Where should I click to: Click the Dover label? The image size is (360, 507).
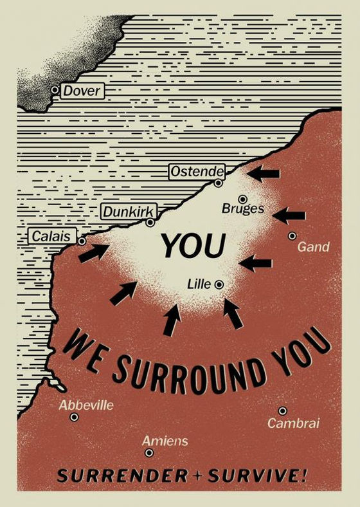[x=82, y=91]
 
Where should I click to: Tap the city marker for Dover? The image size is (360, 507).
[x=55, y=90]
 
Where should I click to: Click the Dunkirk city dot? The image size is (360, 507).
[x=150, y=223]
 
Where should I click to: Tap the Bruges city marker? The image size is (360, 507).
[x=242, y=199]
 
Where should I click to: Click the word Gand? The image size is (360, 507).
[x=314, y=246]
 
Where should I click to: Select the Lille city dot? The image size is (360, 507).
[x=219, y=284]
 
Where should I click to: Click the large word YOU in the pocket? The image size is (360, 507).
[x=194, y=246]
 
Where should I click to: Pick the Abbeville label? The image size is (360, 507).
[x=86, y=405]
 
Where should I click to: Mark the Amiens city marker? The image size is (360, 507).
[x=149, y=453]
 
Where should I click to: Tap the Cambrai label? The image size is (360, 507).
[x=293, y=423]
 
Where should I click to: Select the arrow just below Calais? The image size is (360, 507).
[x=94, y=252]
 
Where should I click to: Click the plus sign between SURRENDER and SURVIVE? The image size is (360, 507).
[x=193, y=477]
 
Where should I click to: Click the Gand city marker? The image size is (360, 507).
[x=292, y=236]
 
